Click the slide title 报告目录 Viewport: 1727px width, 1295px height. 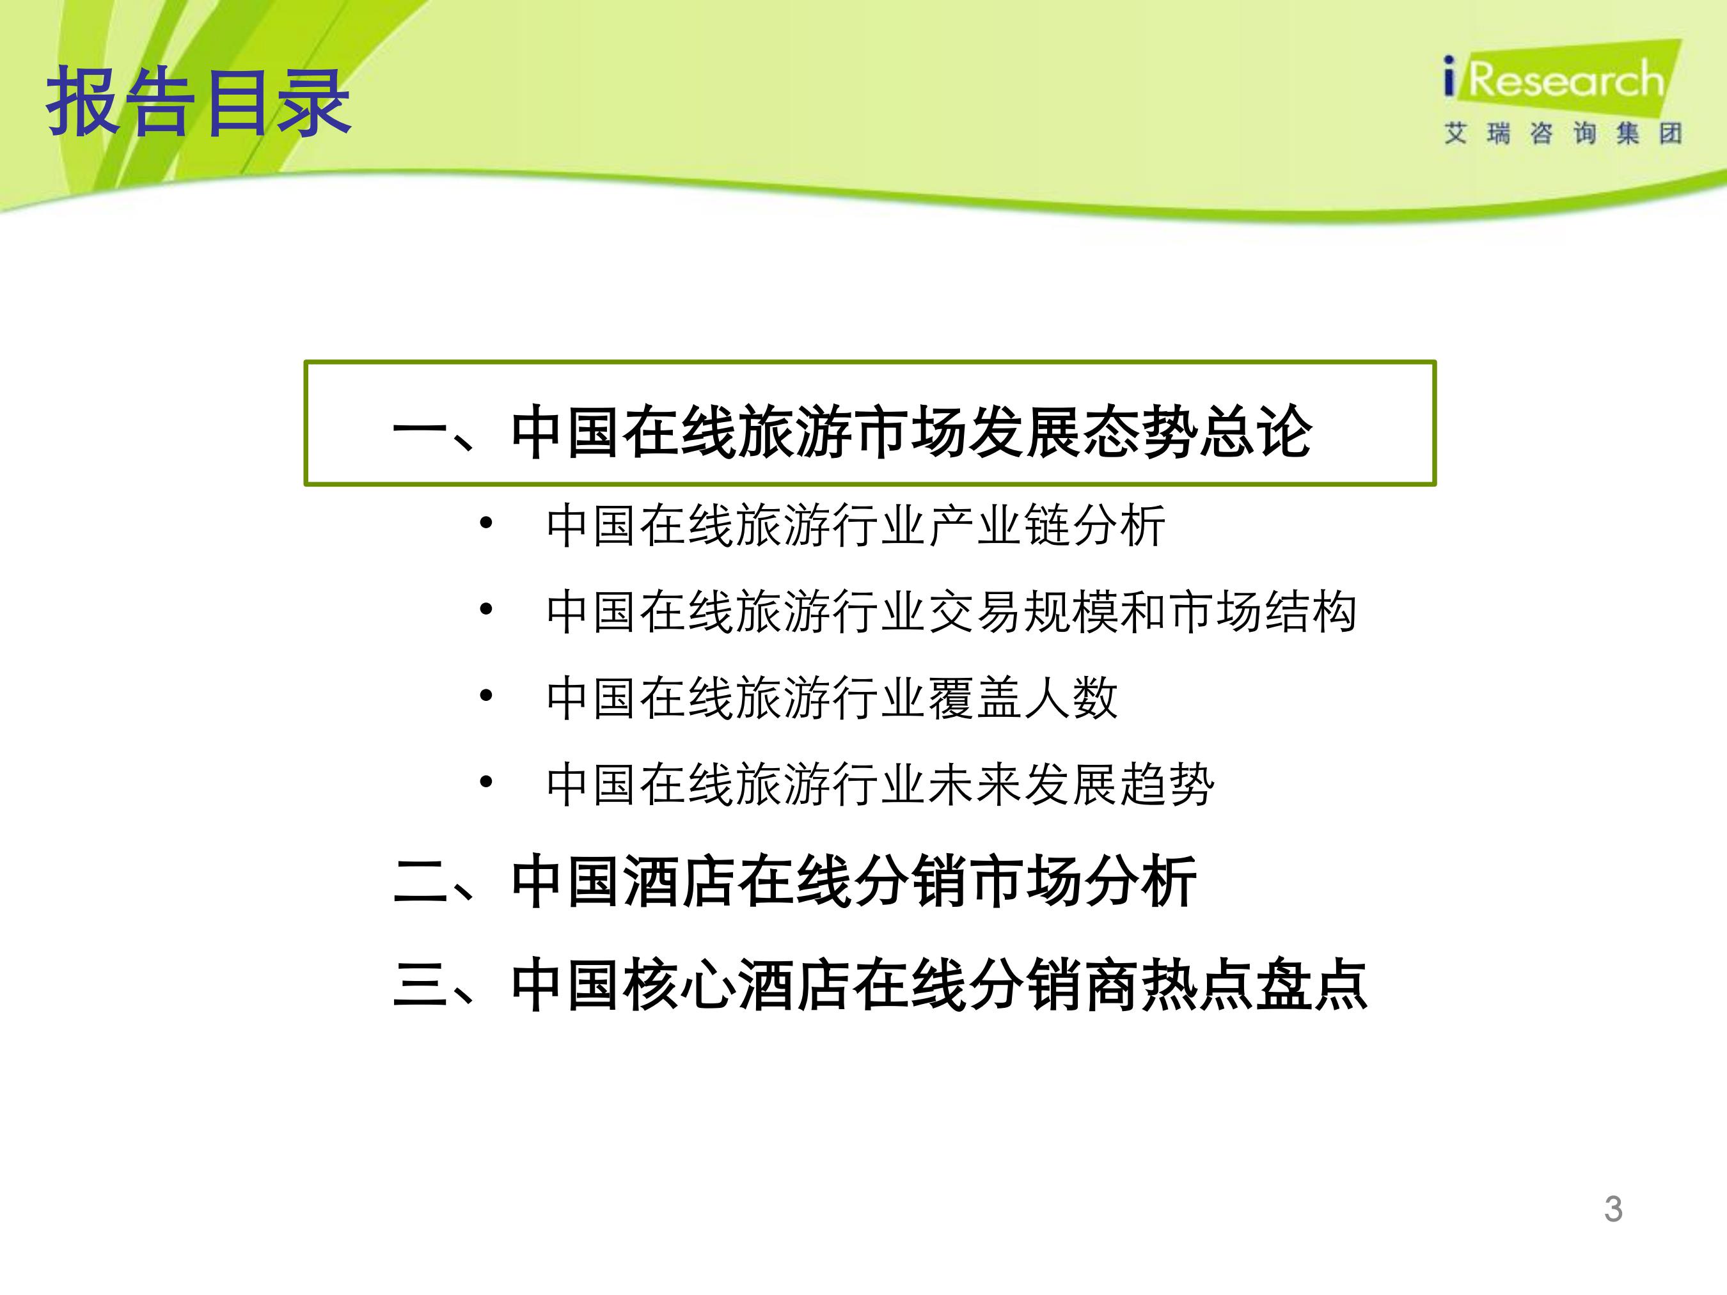click(198, 102)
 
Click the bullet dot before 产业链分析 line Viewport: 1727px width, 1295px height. click(486, 523)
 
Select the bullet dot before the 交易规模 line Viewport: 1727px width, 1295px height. click(486, 609)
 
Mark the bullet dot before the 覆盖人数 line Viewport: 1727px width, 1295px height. click(486, 696)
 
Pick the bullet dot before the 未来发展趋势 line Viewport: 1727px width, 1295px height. click(486, 781)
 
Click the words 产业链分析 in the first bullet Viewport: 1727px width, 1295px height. click(1048, 525)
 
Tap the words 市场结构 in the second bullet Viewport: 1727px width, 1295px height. click(1263, 611)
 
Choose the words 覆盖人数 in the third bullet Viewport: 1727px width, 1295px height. click(1023, 698)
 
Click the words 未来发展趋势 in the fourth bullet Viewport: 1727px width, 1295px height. click(1072, 783)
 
